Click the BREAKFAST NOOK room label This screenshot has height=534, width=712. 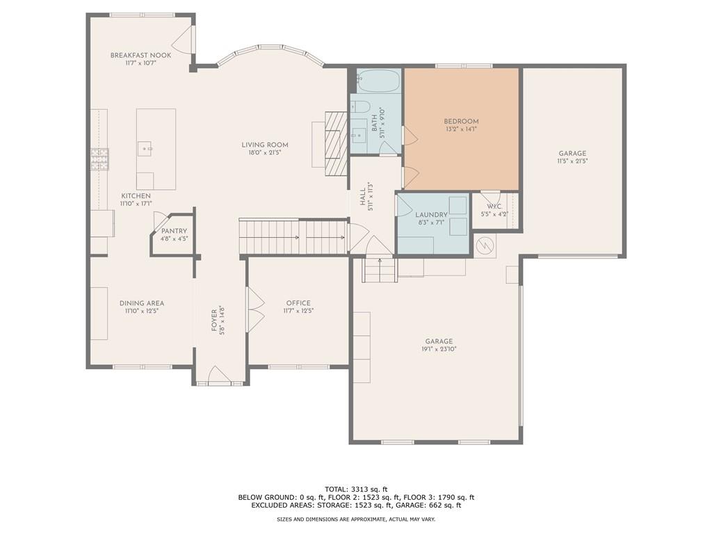[140, 55]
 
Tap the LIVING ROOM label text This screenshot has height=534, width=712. [264, 145]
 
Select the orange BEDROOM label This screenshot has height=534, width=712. [462, 121]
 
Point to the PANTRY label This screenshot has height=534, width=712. [174, 231]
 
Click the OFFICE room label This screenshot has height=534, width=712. [298, 303]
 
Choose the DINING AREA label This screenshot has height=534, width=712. [141, 303]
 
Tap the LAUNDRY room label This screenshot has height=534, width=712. [432, 215]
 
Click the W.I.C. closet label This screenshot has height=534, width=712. [494, 207]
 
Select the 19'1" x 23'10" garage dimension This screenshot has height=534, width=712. [439, 349]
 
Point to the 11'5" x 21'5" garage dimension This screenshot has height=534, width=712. [572, 161]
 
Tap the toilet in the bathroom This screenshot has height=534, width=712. [360, 106]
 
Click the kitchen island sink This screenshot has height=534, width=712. [145, 147]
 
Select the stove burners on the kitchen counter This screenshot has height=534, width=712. [99, 159]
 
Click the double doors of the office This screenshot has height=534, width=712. [256, 310]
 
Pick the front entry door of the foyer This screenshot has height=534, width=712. [220, 375]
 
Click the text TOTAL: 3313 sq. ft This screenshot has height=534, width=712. [355, 489]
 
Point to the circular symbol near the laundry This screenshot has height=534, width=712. [485, 245]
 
